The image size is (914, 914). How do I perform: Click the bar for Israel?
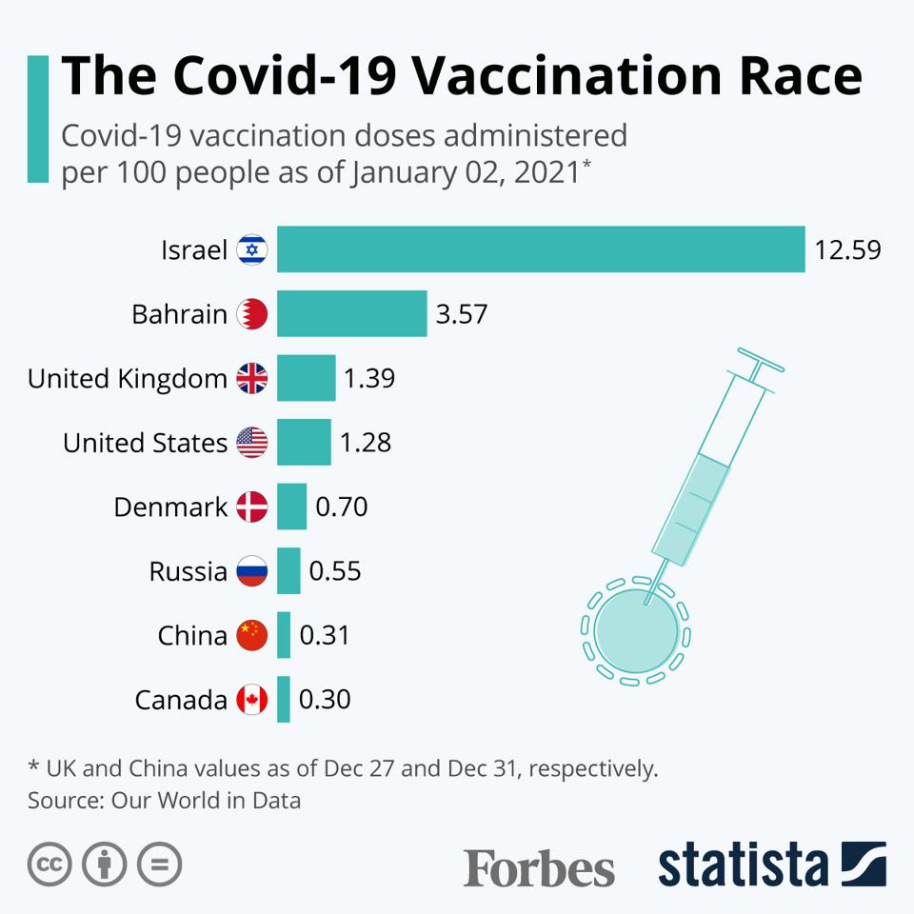(541, 249)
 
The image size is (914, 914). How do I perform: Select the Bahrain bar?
(351, 314)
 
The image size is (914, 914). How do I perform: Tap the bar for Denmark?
(291, 507)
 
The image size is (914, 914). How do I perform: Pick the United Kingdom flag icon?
(252, 378)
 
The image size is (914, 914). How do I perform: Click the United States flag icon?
(252, 443)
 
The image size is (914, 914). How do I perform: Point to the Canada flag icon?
(252, 700)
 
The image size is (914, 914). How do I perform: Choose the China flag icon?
(252, 635)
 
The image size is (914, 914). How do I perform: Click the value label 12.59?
(847, 250)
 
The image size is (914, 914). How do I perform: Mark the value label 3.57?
(462, 314)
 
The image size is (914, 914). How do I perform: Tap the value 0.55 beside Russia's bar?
(335, 571)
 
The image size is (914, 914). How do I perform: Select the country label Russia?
(188, 571)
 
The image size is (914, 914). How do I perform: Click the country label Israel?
(194, 250)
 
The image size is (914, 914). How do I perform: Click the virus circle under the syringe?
(635, 629)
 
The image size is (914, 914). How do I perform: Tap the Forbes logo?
(539, 866)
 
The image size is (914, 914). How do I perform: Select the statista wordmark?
(743, 864)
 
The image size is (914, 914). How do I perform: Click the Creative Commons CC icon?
(50, 864)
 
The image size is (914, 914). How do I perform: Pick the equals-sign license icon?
(159, 864)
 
